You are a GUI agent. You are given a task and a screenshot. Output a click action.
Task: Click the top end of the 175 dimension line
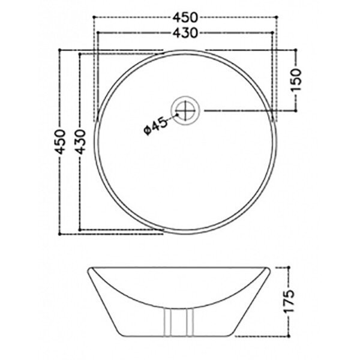click(290, 266)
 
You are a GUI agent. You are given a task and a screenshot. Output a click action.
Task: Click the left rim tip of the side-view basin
click(88, 267)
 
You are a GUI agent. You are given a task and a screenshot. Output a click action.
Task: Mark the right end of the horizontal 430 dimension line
click(274, 31)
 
